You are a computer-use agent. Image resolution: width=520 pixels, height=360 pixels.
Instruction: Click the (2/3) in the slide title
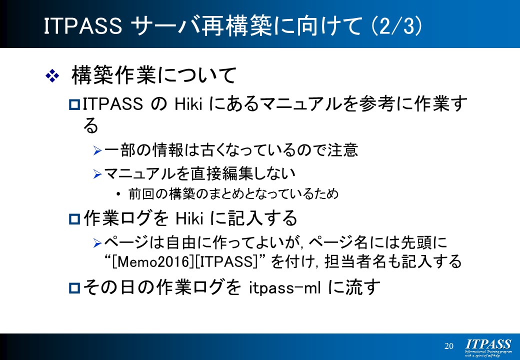tap(396, 26)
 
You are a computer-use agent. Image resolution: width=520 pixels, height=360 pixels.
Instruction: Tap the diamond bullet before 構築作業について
tap(52, 76)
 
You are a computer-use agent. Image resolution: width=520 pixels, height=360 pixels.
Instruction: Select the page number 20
tap(448, 346)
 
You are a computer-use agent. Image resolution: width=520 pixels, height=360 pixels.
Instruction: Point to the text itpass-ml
tap(284, 287)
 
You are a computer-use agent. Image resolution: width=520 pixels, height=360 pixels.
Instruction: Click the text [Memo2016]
tap(153, 262)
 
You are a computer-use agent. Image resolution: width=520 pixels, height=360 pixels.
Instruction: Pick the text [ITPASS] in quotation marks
tap(226, 262)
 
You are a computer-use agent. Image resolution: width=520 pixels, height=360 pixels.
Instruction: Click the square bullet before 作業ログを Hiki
tap(74, 219)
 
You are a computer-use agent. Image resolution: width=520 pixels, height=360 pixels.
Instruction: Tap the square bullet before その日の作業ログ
tap(74, 287)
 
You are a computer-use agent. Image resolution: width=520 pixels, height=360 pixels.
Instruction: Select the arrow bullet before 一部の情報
tap(97, 151)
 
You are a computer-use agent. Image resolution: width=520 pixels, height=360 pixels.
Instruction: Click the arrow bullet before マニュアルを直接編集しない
tap(97, 174)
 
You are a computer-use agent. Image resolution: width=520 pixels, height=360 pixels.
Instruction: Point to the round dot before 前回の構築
tap(118, 194)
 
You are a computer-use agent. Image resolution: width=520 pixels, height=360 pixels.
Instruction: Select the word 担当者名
tap(355, 261)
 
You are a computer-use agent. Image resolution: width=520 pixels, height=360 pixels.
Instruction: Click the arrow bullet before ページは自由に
tap(97, 243)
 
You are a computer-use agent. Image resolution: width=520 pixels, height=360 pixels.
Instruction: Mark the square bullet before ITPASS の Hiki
tap(74, 105)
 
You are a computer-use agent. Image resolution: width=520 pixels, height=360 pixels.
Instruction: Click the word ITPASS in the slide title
tap(83, 26)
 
